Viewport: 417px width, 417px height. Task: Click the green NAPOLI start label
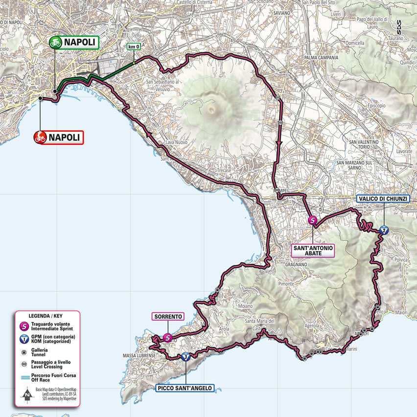[73, 42]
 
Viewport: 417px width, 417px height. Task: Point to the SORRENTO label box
[168, 317]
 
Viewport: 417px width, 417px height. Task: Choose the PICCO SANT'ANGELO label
[185, 388]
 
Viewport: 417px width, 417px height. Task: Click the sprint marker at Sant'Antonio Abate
[312, 221]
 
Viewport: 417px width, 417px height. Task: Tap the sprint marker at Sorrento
[167, 337]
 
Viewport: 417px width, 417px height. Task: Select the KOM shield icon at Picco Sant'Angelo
[185, 357]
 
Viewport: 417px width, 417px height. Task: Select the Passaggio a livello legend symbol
[23, 364]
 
